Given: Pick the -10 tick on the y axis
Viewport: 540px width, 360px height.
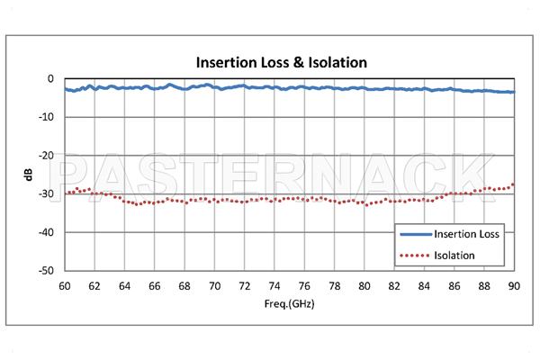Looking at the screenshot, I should pyautogui.click(x=49, y=117).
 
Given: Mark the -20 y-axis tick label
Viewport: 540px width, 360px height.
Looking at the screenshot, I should pyautogui.click(x=49, y=156).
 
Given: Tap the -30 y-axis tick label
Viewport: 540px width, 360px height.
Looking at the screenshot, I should pyautogui.click(x=49, y=193).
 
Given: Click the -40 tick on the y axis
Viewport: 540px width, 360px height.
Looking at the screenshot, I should pyautogui.click(x=49, y=232).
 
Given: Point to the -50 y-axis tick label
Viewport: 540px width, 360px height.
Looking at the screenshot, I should pyautogui.click(x=49, y=270).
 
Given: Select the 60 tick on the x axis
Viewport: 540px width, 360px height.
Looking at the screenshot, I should pyautogui.click(x=65, y=285).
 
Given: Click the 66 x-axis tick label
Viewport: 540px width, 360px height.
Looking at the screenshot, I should pyautogui.click(x=155, y=285).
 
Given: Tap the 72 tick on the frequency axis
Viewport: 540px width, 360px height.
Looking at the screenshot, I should pyautogui.click(x=245, y=285).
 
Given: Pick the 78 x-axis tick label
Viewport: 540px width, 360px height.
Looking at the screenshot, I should pyautogui.click(x=334, y=285).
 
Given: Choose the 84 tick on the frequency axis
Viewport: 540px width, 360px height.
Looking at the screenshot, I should pyautogui.click(x=424, y=285).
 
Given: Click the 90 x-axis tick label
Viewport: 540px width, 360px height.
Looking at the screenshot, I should pyautogui.click(x=514, y=285).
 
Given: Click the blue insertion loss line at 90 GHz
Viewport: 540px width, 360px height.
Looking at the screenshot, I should pyautogui.click(x=513, y=92).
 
